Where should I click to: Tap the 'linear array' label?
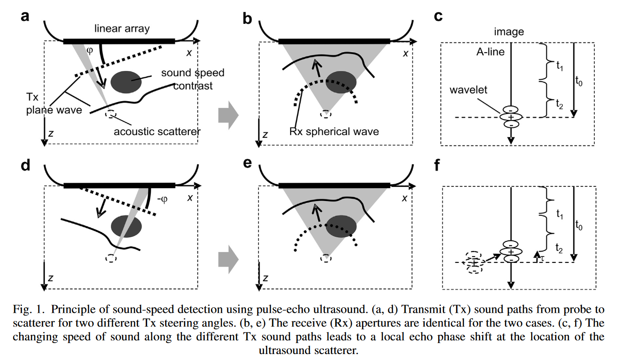pos(122,29)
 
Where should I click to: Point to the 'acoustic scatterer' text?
pos(157,131)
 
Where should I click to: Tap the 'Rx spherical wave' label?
pos(334,132)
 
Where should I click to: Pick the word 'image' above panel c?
pos(509,32)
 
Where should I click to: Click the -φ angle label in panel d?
pos(163,199)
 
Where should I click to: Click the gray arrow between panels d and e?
pos(228,259)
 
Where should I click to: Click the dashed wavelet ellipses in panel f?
pos(474,262)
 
